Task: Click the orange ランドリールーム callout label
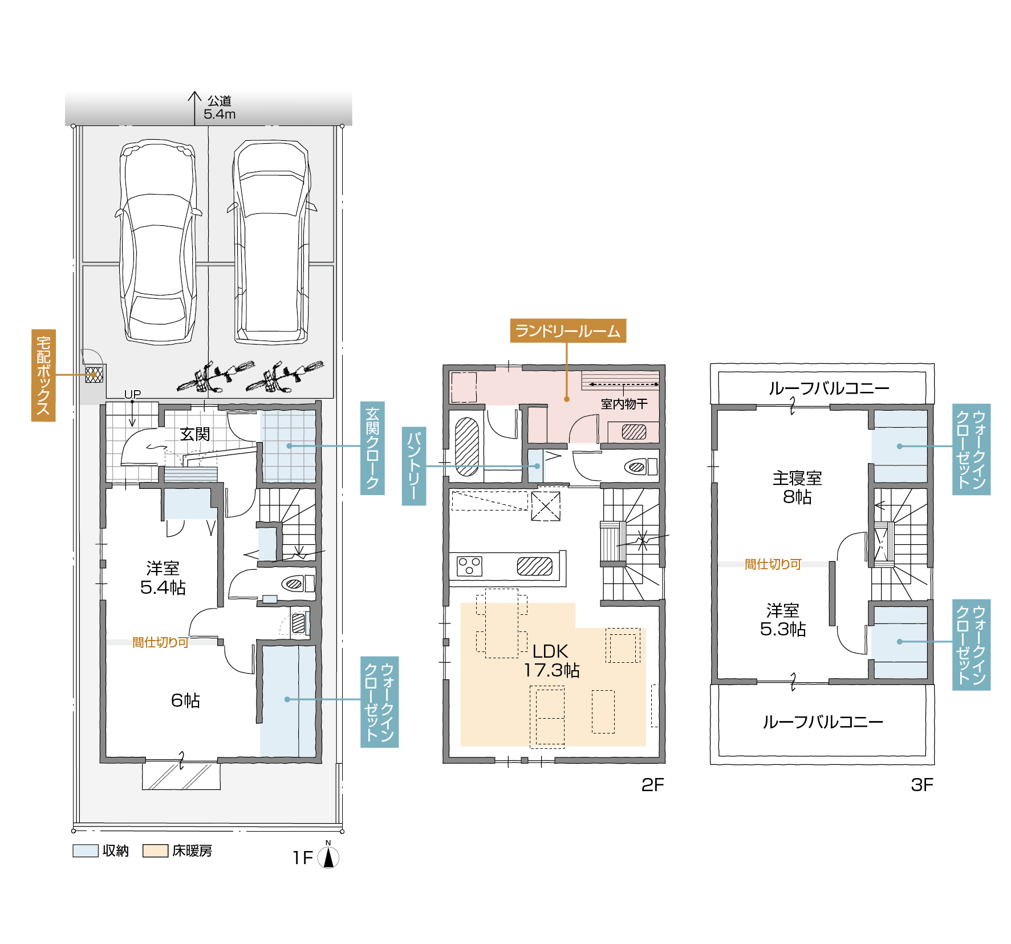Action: click(x=567, y=331)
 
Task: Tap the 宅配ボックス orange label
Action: click(x=43, y=375)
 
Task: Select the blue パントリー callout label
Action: click(x=414, y=466)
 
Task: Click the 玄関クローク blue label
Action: click(x=372, y=448)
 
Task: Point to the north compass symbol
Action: click(x=328, y=856)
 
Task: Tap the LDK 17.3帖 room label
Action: click(x=551, y=661)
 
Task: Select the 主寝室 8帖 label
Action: click(x=797, y=487)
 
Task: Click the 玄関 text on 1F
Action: click(x=195, y=434)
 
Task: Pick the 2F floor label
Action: click(x=652, y=785)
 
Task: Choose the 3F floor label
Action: click(x=921, y=785)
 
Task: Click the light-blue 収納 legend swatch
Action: click(x=86, y=850)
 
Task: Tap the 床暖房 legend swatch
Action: click(x=155, y=850)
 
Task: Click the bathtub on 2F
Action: click(x=467, y=447)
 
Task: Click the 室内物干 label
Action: click(x=624, y=404)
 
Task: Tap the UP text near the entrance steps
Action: click(x=132, y=394)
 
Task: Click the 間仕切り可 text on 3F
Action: click(x=773, y=564)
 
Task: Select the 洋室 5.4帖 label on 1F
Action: click(x=163, y=577)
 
